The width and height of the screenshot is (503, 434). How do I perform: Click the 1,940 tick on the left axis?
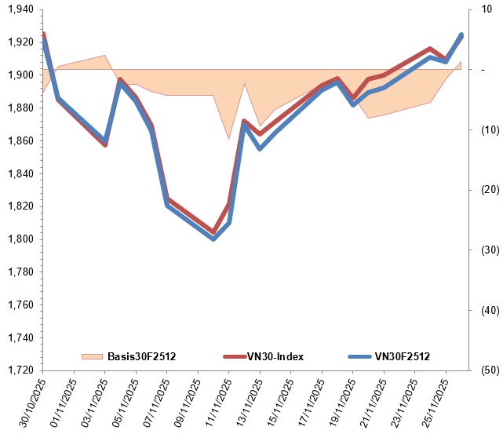[18, 9]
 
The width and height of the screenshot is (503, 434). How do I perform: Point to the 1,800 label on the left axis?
[18, 239]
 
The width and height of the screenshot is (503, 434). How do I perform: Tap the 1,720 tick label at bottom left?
[18, 370]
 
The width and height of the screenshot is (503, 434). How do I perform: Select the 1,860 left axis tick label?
[18, 140]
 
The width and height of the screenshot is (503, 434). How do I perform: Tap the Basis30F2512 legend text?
[142, 356]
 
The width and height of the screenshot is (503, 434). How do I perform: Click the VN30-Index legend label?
[276, 356]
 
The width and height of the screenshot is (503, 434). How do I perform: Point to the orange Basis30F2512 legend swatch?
[93, 356]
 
